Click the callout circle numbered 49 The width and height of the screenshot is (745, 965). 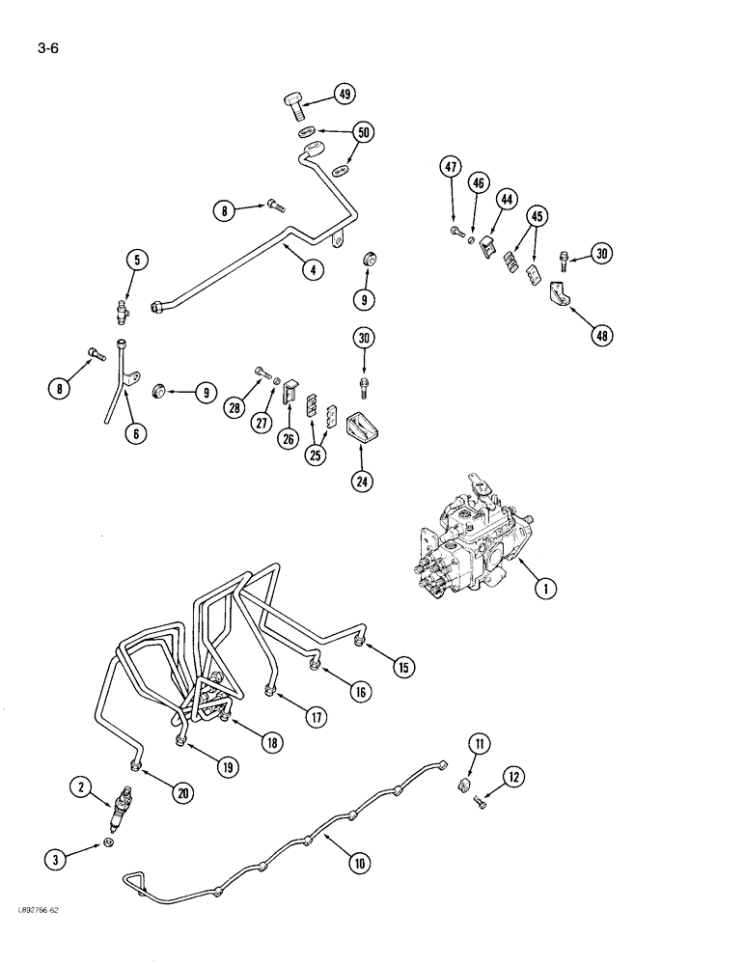tap(345, 94)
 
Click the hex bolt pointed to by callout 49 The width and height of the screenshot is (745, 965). tap(295, 101)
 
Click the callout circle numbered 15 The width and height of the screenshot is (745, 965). tap(402, 666)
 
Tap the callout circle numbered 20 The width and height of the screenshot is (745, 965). tap(183, 792)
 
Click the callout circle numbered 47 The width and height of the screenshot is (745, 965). tap(451, 167)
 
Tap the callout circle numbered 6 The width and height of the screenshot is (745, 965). tap(136, 434)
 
